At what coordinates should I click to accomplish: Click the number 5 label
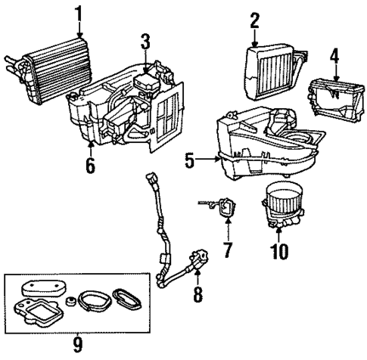coord(190,160)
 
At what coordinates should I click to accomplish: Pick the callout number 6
coord(90,164)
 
